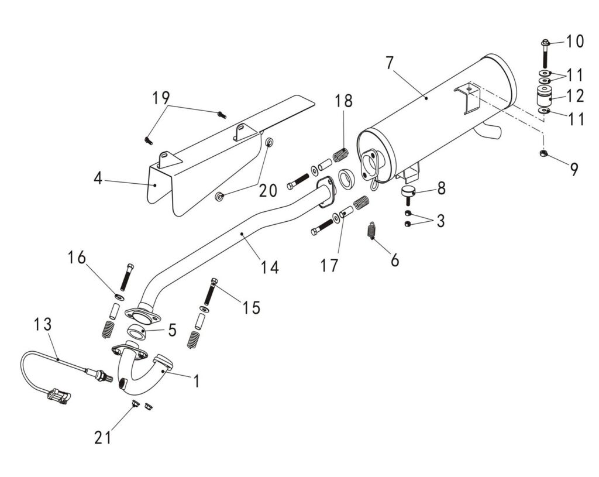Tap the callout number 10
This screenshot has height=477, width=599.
coord(575,42)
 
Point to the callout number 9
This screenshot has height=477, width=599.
coord(574,169)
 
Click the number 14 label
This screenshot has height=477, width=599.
coord(270,267)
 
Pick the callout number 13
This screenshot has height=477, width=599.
coord(43,323)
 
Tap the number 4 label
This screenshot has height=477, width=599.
coord(98,178)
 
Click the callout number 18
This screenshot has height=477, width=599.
coord(343,101)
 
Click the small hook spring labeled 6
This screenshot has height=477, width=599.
coord(371,230)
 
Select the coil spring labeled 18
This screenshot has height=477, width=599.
coord(340,157)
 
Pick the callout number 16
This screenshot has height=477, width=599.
coord(77,257)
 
